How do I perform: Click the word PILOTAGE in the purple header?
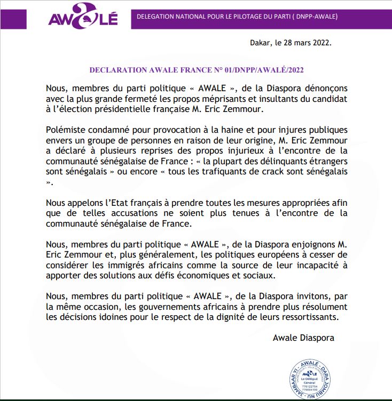point(234,17)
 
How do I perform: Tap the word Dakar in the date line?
point(261,43)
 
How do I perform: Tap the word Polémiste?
point(62,130)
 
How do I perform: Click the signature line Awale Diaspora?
point(303,338)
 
